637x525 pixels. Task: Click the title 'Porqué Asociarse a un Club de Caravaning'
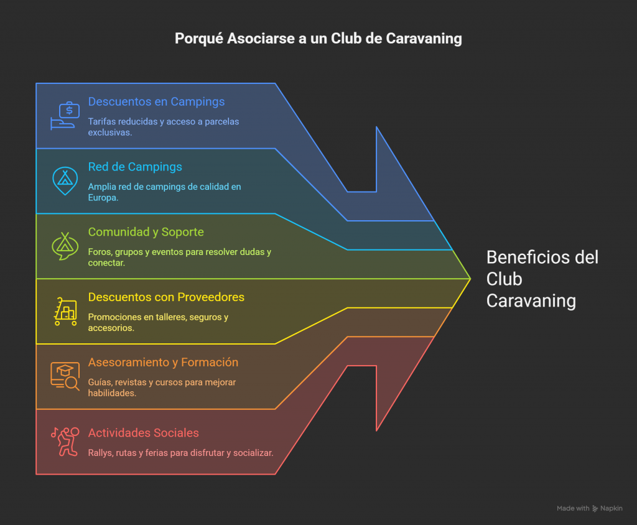(x=318, y=39)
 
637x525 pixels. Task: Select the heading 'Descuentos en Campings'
(x=156, y=101)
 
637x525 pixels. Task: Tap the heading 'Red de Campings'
(x=135, y=167)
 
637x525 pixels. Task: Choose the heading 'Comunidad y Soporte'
(x=146, y=232)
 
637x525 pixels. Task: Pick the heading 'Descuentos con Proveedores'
(x=166, y=297)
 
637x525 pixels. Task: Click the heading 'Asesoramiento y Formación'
(x=163, y=363)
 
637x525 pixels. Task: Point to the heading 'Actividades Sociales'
(x=143, y=433)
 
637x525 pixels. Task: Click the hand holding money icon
(x=65, y=115)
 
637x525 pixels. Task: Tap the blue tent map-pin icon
(x=64, y=181)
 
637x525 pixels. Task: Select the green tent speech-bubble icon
(x=64, y=246)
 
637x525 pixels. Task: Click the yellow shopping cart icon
(x=65, y=312)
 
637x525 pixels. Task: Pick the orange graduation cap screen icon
(x=65, y=376)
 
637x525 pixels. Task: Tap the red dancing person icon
(x=65, y=442)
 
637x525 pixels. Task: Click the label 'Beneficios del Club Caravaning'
(x=542, y=279)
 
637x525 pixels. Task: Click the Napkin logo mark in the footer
(x=595, y=508)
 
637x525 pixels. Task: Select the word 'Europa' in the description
(x=103, y=198)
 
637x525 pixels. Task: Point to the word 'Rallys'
(x=101, y=453)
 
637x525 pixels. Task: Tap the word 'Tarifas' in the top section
(x=103, y=121)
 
